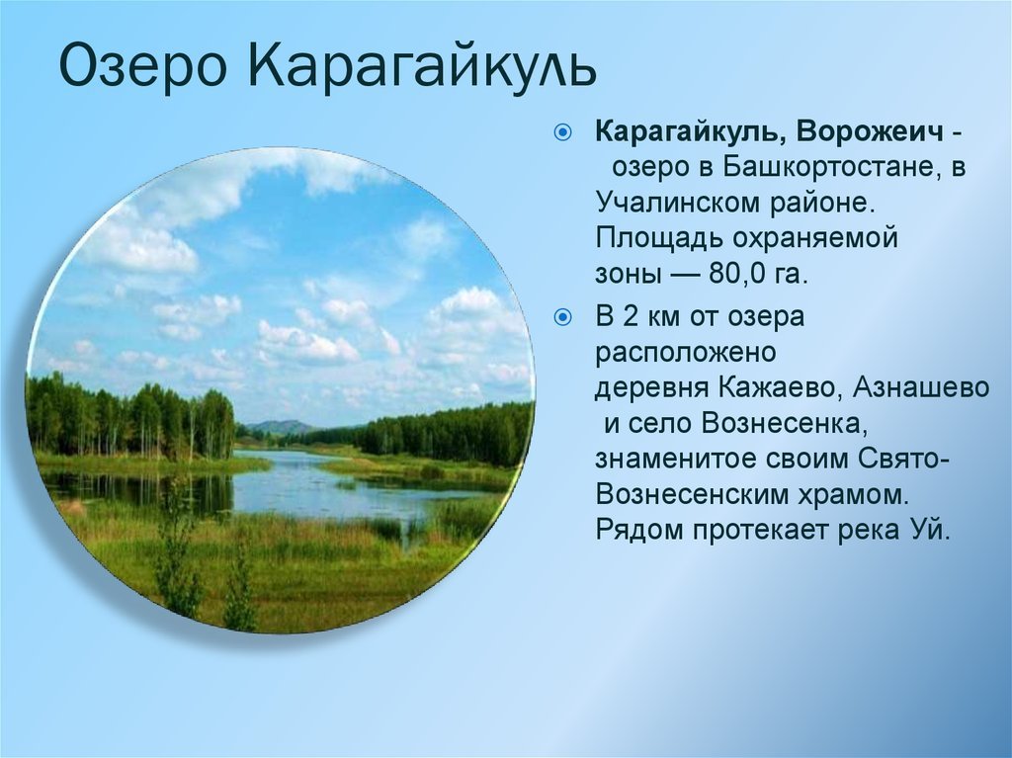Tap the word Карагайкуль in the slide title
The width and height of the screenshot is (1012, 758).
click(x=422, y=66)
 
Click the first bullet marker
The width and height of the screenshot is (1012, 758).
click(x=562, y=133)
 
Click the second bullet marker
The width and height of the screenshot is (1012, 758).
click(x=562, y=317)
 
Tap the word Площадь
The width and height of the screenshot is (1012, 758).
click(x=658, y=239)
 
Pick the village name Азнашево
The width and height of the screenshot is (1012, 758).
click(x=921, y=388)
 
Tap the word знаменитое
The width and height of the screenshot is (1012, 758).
click(x=676, y=460)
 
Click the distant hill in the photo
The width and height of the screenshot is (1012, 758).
click(x=278, y=426)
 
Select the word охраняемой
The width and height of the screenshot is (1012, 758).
click(x=815, y=239)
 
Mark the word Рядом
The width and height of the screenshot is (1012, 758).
click(x=639, y=531)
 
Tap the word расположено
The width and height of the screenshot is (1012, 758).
click(x=685, y=353)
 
